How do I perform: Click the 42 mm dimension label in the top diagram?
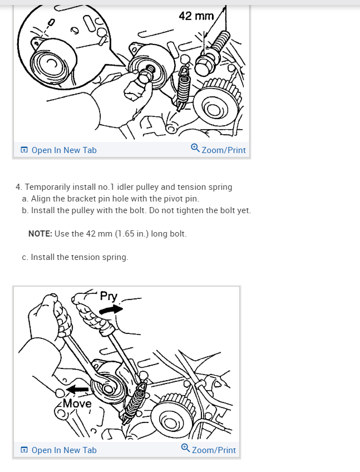196,16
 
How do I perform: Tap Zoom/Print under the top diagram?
224,150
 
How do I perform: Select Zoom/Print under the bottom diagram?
214,450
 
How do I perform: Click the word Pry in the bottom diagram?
109,297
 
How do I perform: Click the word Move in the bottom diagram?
77,404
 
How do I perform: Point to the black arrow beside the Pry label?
111,309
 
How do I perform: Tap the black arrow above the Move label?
77,390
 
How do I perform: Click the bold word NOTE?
40,234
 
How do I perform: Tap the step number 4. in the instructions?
19,187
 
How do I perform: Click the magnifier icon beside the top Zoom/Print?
195,148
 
